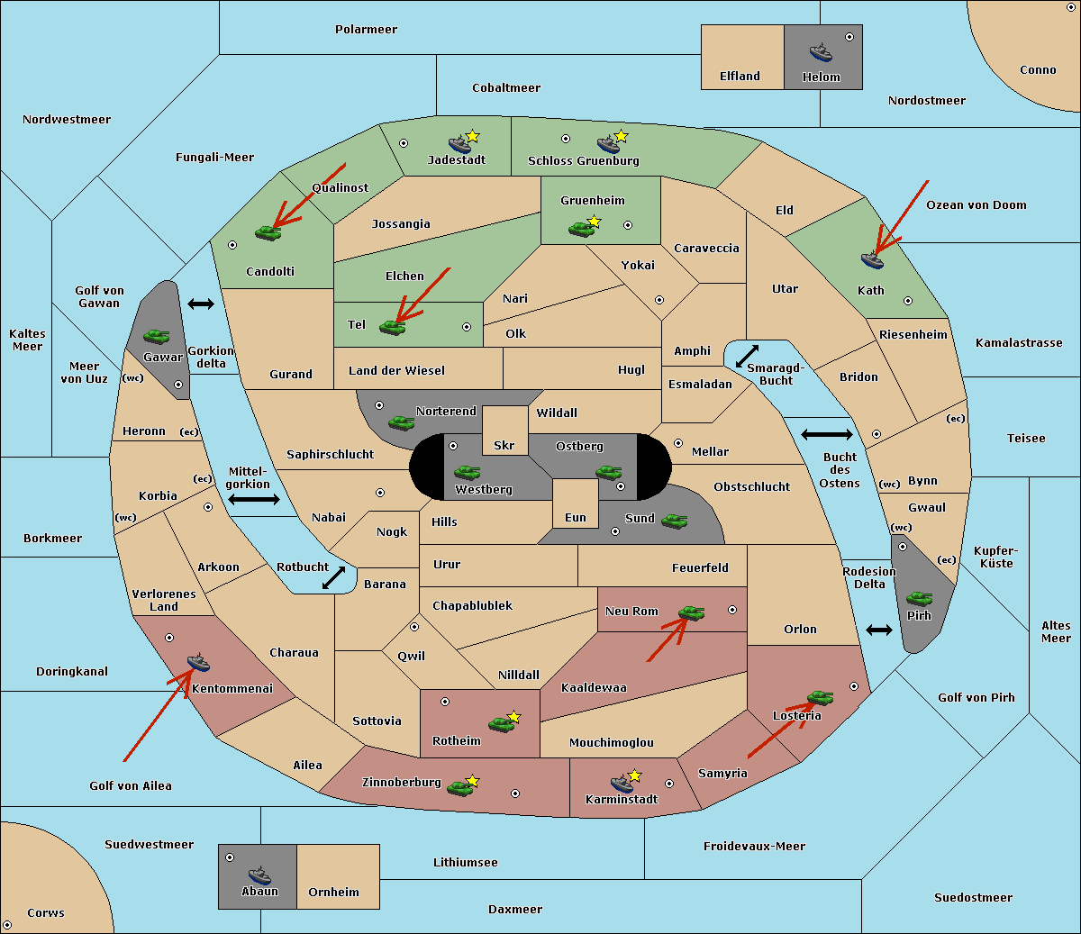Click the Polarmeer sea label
[x=366, y=30]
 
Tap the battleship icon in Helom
[x=821, y=52]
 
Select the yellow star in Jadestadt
[x=472, y=136]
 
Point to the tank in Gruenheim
[x=581, y=230]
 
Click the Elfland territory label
[x=740, y=77]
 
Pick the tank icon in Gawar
[x=156, y=337]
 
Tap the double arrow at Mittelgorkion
[x=254, y=500]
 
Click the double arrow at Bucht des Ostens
[x=826, y=435]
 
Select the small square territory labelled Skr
[x=504, y=431]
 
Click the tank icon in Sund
[x=675, y=521]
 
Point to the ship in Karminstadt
[x=622, y=783]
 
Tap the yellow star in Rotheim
[x=514, y=717]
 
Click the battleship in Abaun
[x=259, y=875]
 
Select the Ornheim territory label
[x=333, y=893]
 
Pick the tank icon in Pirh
[x=920, y=599]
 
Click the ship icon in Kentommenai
[x=198, y=664]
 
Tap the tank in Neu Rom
[x=691, y=612]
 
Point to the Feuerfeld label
[x=700, y=568]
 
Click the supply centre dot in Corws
[x=7, y=925]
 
